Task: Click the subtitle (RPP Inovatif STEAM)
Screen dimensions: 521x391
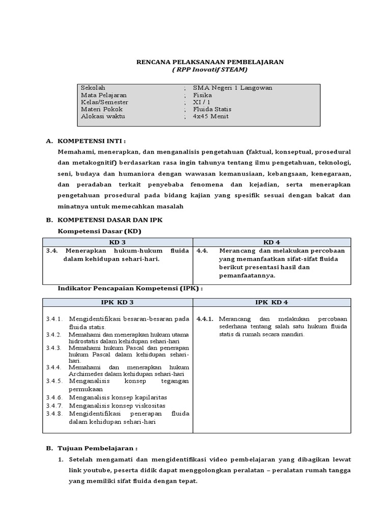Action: tap(209, 70)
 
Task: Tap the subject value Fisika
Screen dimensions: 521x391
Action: tap(202, 95)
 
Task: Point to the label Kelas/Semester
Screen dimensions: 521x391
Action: tap(104, 102)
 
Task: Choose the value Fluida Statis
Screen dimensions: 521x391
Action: tap(211, 109)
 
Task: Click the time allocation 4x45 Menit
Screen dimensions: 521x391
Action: tap(211, 117)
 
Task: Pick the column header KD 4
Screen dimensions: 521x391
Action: tap(272, 242)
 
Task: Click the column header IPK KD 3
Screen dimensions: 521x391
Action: tap(117, 302)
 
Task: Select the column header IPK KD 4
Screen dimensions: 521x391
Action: tap(272, 302)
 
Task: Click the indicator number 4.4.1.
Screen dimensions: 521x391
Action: tap(205, 319)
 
